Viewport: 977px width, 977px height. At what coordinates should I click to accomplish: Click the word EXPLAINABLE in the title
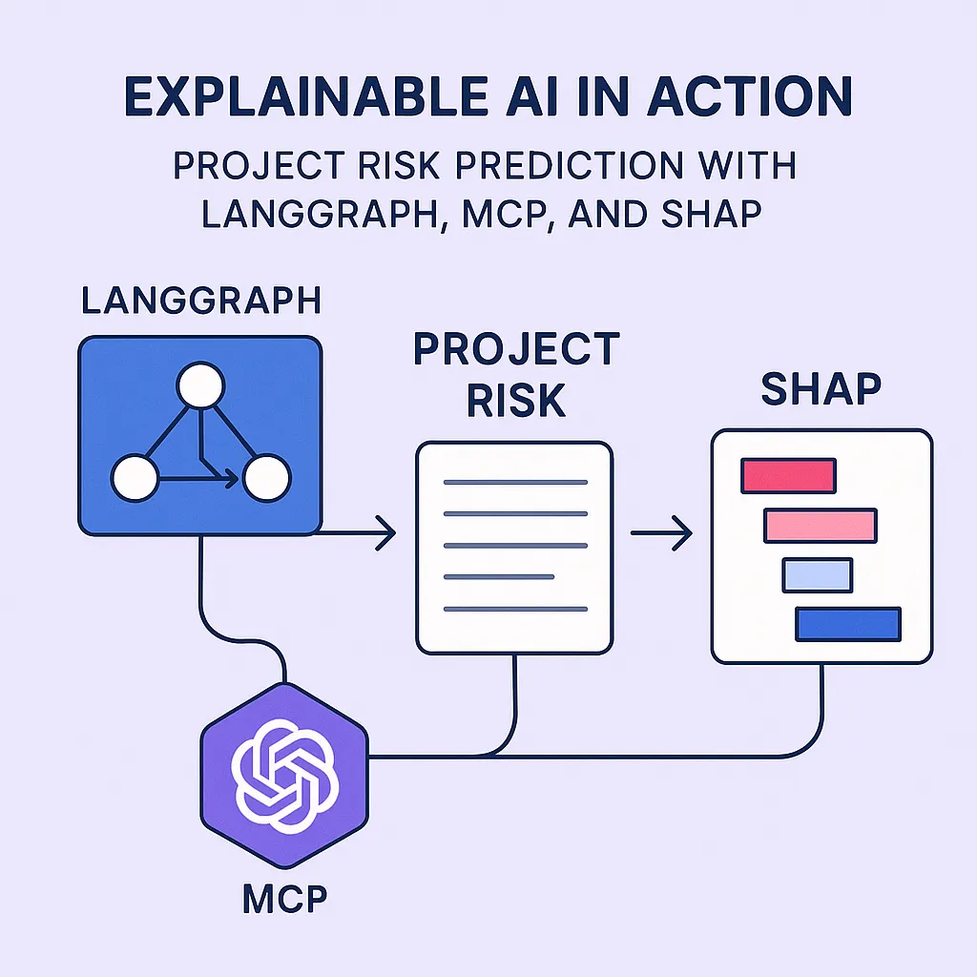point(306,96)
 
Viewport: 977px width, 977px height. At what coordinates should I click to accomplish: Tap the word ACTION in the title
point(750,96)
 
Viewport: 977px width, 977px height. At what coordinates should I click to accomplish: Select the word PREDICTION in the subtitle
point(568,165)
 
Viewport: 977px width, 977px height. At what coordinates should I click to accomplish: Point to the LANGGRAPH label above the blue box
point(201,301)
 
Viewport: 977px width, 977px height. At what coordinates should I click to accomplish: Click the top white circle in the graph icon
point(200,385)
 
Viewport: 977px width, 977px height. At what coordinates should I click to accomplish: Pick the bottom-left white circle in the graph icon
point(135,478)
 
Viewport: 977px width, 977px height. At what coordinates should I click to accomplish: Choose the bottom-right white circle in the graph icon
point(267,478)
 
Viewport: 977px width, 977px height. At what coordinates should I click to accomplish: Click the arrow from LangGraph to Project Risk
point(355,533)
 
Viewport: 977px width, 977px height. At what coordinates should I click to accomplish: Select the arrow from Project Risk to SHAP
point(662,532)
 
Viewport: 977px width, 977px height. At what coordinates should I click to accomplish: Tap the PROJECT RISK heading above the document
point(516,374)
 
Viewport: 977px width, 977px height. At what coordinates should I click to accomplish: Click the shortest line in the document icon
point(499,577)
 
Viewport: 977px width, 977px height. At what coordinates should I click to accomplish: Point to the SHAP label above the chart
point(821,389)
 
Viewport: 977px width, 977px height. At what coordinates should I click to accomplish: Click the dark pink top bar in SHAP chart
point(788,476)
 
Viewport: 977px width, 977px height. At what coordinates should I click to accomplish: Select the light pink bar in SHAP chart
point(821,526)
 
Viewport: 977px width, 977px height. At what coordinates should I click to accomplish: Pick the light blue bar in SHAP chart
point(818,575)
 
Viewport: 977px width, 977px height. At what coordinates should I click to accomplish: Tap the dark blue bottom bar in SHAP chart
point(848,624)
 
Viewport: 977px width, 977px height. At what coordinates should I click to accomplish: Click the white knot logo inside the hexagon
point(285,776)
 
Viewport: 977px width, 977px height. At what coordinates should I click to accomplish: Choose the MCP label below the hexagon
point(284,899)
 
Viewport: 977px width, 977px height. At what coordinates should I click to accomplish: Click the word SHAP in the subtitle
point(712,215)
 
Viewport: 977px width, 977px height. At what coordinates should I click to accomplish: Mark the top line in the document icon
point(516,482)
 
